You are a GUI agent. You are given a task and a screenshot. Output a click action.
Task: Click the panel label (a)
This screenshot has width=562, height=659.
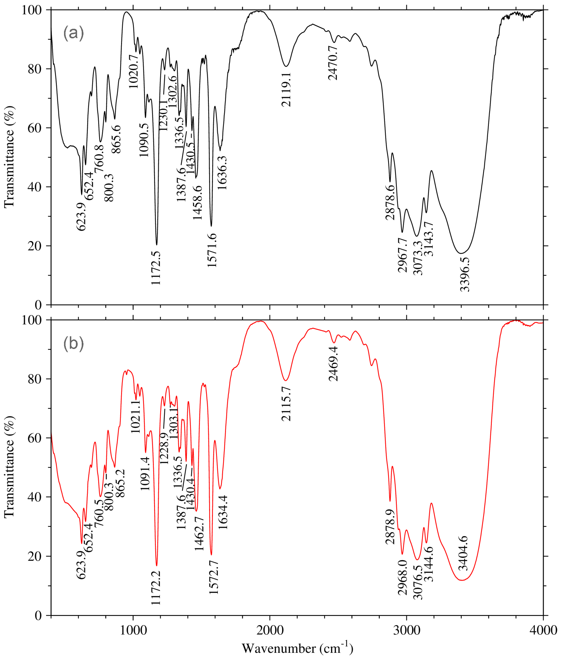tap(73, 33)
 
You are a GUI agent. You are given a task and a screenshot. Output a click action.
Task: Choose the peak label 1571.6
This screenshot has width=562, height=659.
tap(212, 250)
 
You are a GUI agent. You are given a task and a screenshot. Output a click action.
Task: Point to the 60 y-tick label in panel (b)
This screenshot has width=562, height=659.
tap(35, 438)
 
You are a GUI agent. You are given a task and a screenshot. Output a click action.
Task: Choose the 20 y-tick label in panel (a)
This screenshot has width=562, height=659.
tap(35, 246)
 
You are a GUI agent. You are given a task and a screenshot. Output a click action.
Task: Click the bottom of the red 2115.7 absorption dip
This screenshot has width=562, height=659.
tap(286, 380)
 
